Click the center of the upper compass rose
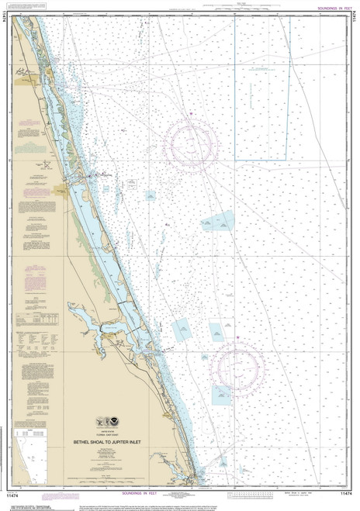[190, 142]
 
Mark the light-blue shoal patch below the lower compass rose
[221, 395]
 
